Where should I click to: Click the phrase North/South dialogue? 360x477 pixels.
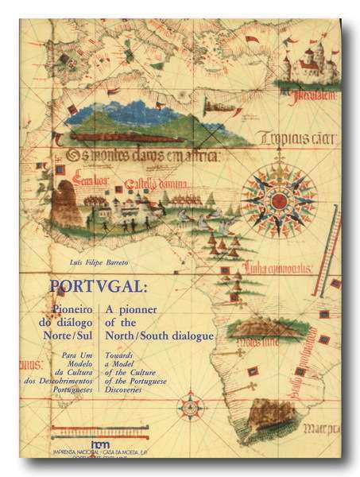pos(166,335)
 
